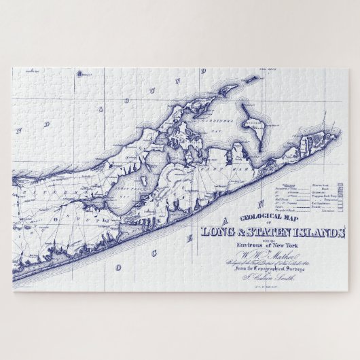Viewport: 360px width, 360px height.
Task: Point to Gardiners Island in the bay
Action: pos(255,126)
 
